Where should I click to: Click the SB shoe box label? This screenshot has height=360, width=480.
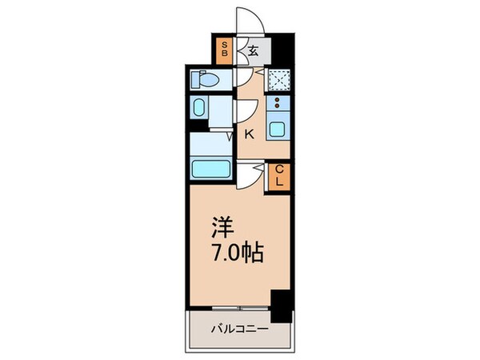coord(226,50)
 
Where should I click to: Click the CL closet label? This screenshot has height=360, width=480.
coord(280,175)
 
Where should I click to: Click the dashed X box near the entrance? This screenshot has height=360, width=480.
coord(278,79)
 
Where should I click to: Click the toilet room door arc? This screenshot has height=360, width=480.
coord(240,78)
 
